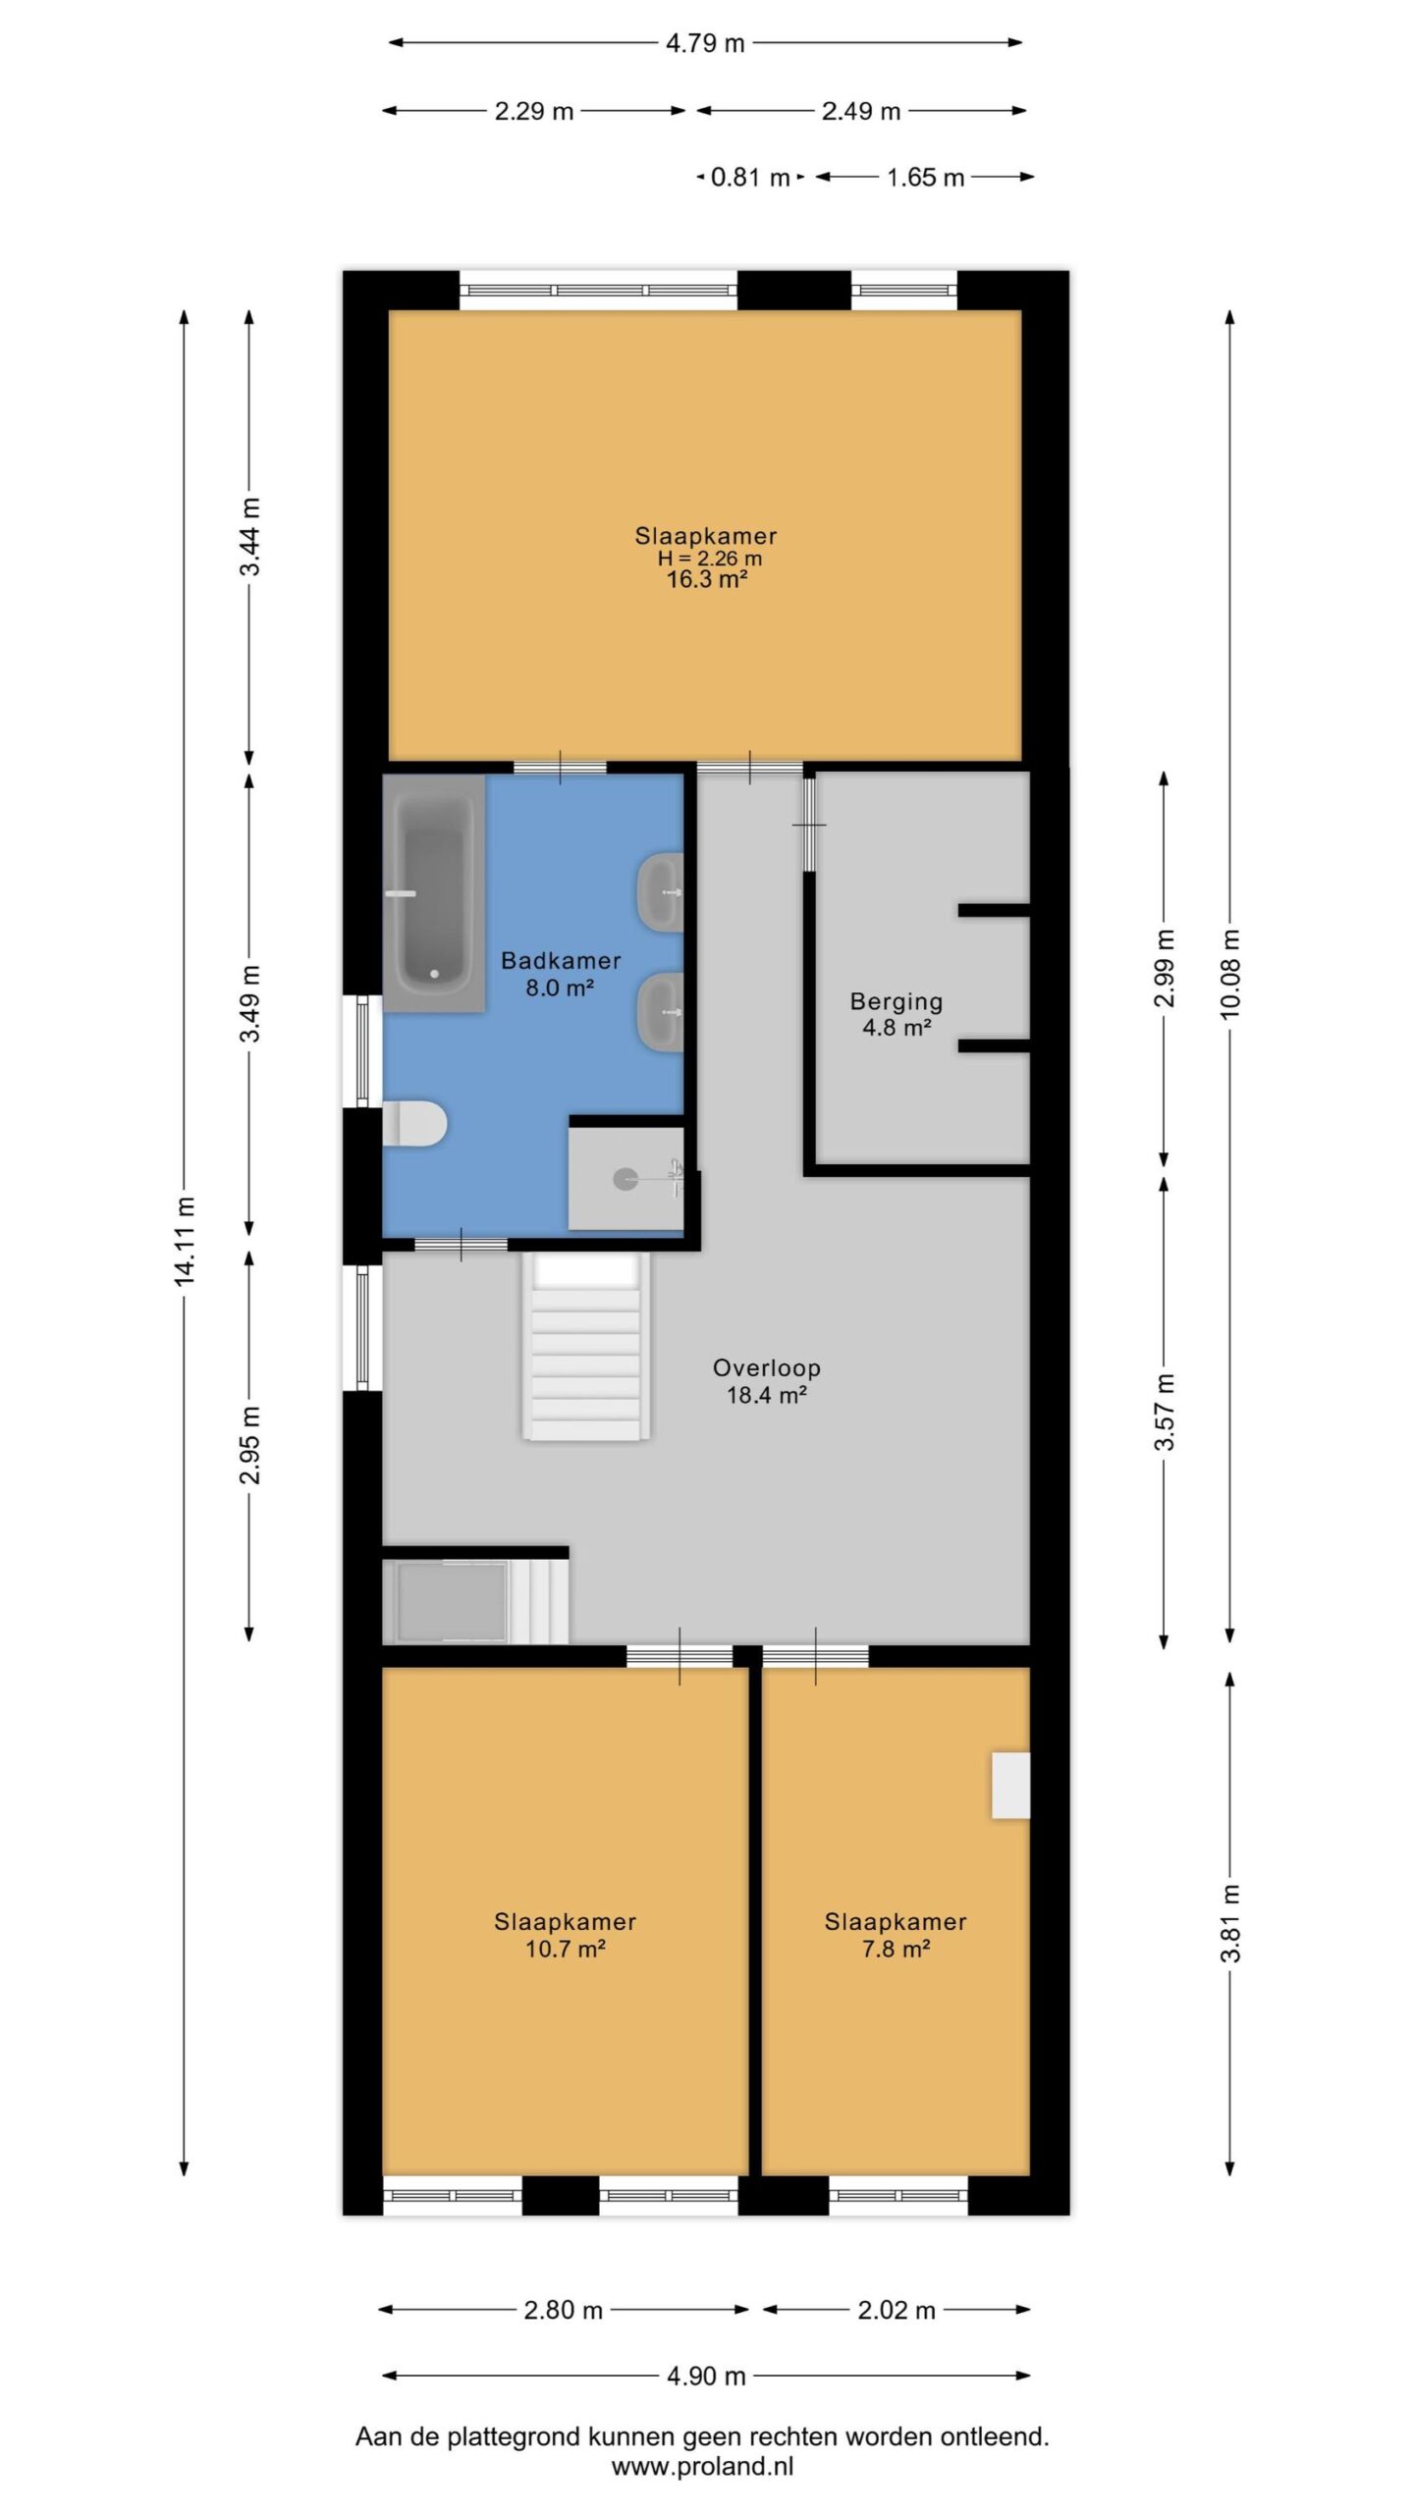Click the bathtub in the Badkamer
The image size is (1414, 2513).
pos(434,893)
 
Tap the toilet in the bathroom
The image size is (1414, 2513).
pos(414,1124)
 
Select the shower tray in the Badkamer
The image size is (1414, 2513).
pos(626,1178)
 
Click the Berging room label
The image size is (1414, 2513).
pos(897,1001)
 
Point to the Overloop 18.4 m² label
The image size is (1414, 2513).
pos(767,1381)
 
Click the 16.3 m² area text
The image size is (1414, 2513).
pos(707,579)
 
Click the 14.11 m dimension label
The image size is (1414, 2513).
pos(185,1241)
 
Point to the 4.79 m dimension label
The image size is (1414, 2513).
pos(705,43)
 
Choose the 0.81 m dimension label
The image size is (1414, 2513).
pos(750,178)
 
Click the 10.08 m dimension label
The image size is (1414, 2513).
pos(1230,974)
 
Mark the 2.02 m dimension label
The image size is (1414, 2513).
pos(897,2309)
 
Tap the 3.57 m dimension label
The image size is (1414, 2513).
pos(1165,1412)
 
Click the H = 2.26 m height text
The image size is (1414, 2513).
pos(709,559)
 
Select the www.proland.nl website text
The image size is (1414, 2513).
pos(702,2466)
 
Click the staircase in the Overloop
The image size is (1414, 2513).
pos(586,1347)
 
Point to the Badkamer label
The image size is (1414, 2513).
pos(561,960)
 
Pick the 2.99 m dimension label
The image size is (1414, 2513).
pos(1165,968)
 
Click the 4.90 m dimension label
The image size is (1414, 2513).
pos(706,2376)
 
